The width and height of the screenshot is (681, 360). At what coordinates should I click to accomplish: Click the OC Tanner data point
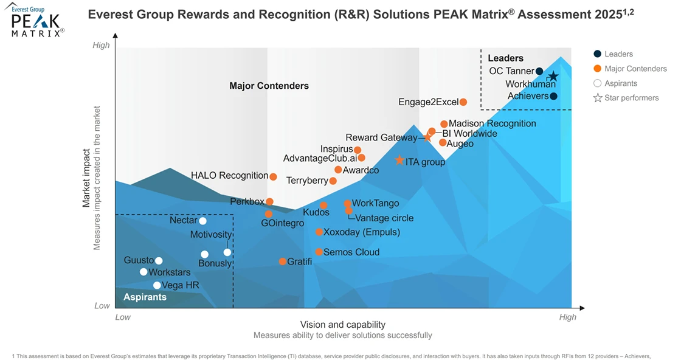[539, 71]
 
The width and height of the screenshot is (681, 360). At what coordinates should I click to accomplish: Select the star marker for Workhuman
[553, 77]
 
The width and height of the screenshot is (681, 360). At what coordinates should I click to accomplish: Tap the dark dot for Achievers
[553, 96]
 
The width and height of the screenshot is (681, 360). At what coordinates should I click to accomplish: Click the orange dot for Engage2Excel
[463, 102]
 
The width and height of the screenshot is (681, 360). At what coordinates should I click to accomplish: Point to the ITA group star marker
[399, 161]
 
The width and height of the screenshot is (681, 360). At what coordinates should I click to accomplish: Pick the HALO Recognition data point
[273, 177]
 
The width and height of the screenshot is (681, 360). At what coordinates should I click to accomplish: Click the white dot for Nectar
[202, 221]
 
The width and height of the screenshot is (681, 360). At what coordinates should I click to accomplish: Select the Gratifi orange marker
[283, 261]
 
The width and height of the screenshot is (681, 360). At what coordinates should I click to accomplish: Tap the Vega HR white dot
[157, 285]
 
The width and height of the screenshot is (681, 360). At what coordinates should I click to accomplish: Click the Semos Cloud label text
[351, 252]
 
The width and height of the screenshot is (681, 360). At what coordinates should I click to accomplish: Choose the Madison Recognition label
[493, 123]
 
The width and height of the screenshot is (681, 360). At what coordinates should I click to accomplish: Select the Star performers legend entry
[631, 98]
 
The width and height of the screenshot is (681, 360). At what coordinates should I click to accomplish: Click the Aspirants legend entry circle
[597, 83]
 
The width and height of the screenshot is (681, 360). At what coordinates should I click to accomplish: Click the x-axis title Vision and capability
[343, 325]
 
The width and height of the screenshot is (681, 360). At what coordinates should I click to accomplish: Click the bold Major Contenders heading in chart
[269, 86]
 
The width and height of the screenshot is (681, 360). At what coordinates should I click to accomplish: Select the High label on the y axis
[101, 45]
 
